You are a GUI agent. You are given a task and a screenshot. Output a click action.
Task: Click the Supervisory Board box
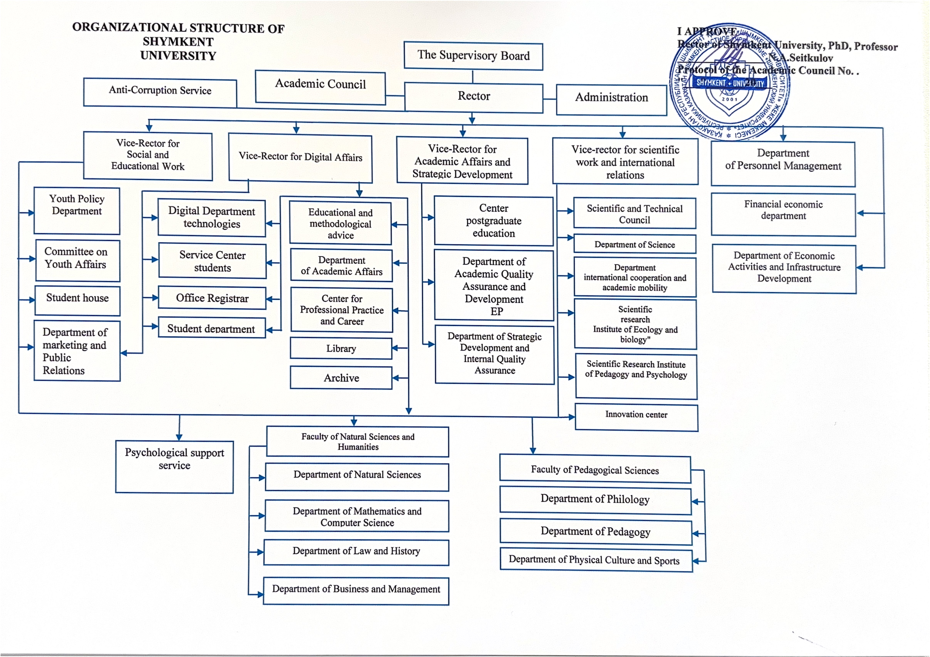pos(473,56)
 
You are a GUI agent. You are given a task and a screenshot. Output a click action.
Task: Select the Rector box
pos(473,97)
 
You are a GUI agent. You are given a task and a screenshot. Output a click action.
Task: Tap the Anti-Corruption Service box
pos(160,91)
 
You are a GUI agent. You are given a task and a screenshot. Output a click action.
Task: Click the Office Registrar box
pos(212,298)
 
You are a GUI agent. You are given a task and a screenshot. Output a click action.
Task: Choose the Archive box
pos(341,378)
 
